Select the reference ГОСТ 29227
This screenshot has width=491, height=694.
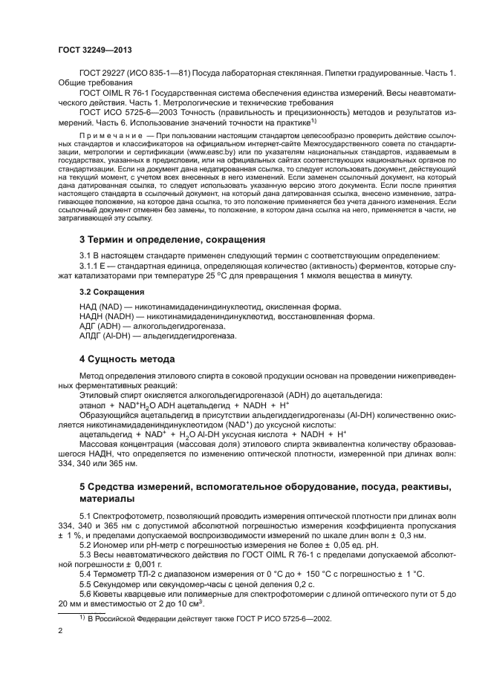pyautogui.click(x=105, y=74)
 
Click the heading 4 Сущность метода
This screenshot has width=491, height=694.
pyautogui.click(x=127, y=359)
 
